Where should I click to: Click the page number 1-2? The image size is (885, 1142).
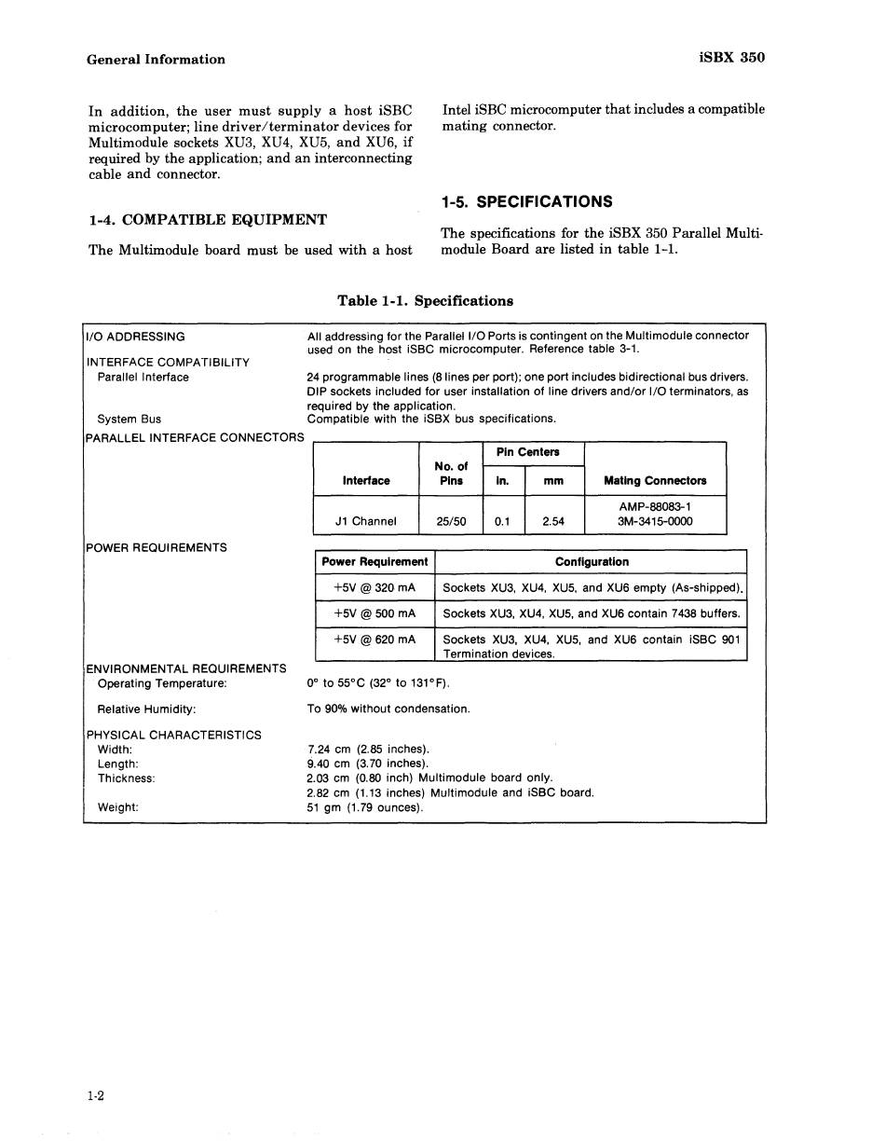[95, 1096]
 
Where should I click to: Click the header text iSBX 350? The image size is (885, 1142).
[731, 58]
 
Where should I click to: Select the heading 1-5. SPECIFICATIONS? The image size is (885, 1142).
[526, 202]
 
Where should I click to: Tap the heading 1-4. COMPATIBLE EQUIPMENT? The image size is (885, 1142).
[208, 220]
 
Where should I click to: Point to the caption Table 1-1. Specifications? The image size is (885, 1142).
[425, 301]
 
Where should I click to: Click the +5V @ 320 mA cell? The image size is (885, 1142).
[374, 588]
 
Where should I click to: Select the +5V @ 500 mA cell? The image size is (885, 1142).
[374, 614]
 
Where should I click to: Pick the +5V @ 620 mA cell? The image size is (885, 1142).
[374, 640]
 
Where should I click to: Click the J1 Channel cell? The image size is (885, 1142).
[366, 522]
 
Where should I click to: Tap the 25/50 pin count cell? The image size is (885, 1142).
[451, 522]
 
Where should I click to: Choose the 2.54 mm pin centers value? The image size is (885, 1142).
[553, 522]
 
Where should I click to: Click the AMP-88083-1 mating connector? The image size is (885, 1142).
[655, 506]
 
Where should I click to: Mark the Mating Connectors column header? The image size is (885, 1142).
[655, 481]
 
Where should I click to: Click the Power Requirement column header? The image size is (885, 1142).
[374, 562]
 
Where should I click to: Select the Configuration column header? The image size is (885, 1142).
[592, 562]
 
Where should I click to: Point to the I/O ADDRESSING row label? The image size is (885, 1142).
[136, 337]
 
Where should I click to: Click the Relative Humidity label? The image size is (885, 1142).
[146, 709]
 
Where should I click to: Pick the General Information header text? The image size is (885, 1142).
[156, 60]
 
